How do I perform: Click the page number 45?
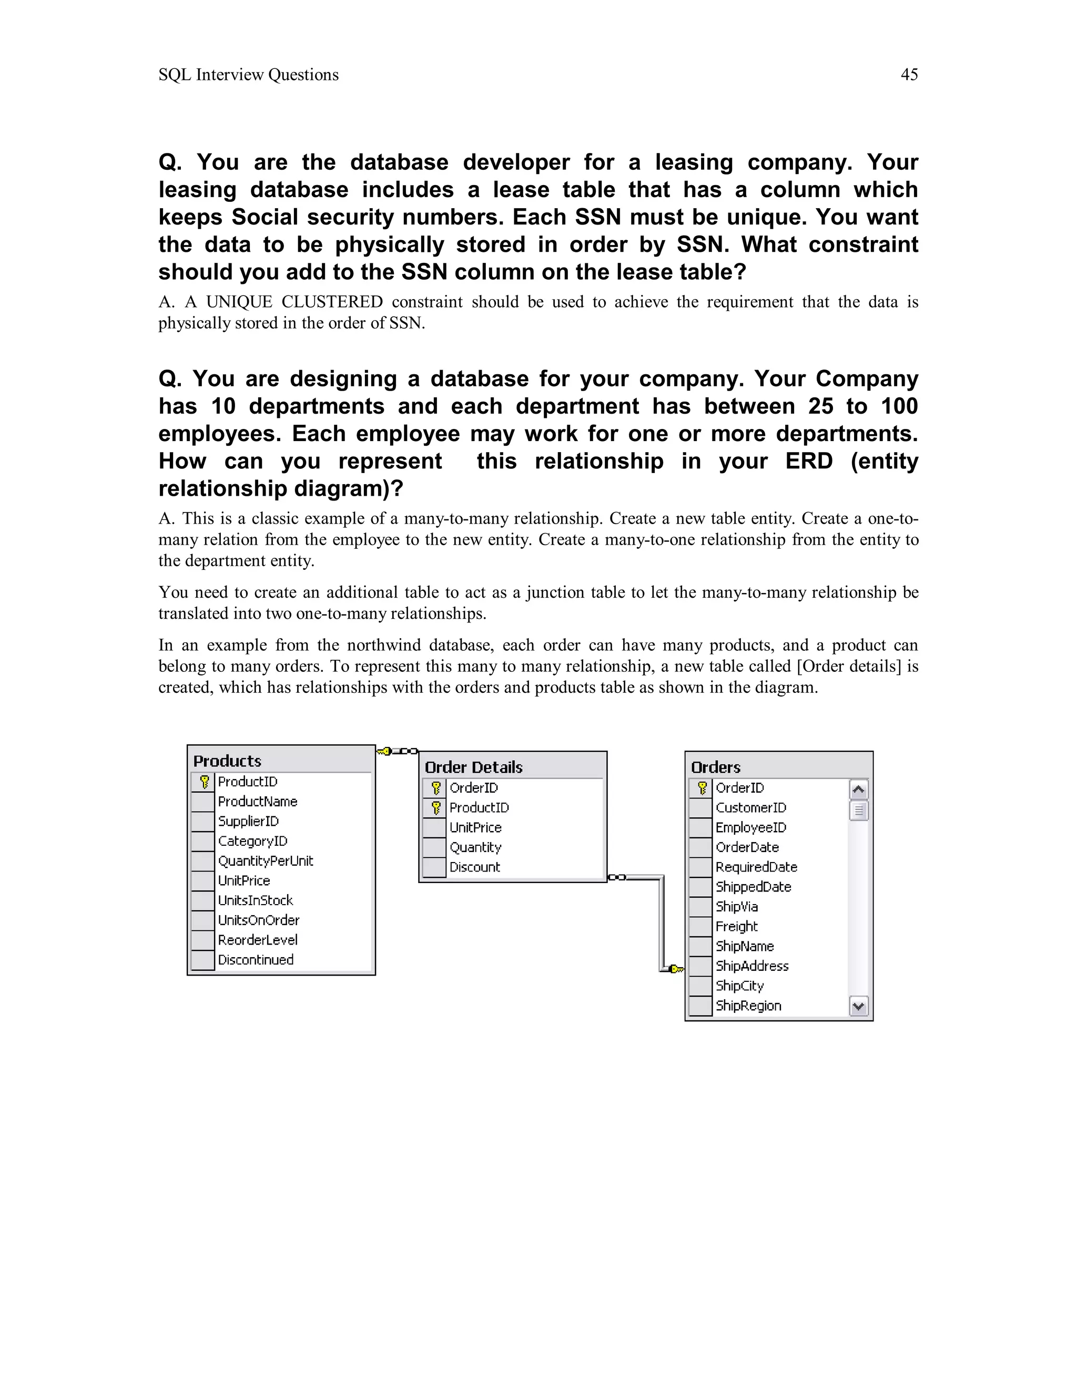tap(909, 75)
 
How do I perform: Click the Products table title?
tap(227, 761)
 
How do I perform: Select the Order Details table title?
tap(473, 767)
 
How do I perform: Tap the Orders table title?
tap(715, 767)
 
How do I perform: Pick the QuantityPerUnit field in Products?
tap(266, 861)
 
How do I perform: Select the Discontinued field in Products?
tap(256, 960)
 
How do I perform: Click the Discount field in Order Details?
tap(475, 867)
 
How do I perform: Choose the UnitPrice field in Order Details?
tap(475, 828)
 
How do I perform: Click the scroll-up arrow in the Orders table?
tap(859, 790)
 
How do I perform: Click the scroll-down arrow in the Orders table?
tap(859, 1007)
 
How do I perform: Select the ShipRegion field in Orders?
tap(748, 1006)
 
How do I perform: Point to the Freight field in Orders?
tap(736, 927)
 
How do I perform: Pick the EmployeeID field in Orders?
tap(751, 828)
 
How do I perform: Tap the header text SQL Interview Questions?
tap(248, 75)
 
